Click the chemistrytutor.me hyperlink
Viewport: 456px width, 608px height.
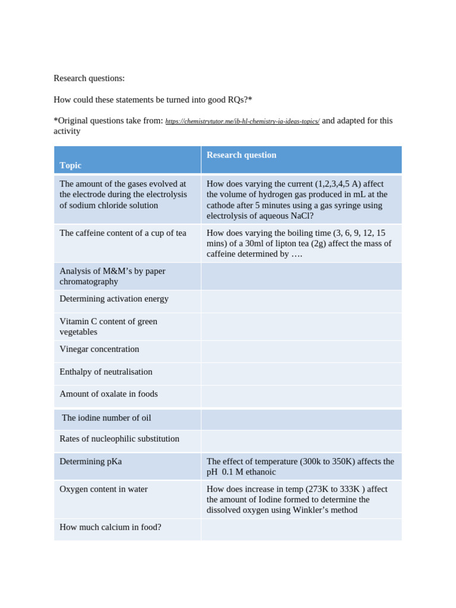(242, 121)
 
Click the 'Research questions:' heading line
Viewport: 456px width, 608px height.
(89, 78)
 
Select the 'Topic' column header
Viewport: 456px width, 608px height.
(71, 165)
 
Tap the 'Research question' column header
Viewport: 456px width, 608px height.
(241, 155)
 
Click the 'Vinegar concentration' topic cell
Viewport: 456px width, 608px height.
(99, 349)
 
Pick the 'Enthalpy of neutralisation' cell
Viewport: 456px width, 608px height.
(106, 372)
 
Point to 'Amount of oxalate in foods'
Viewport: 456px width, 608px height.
(109, 394)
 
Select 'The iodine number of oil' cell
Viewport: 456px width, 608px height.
(106, 417)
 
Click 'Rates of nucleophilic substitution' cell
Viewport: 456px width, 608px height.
(119, 439)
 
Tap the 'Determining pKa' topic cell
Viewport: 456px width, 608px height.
(90, 461)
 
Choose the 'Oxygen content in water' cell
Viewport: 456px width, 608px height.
(103, 489)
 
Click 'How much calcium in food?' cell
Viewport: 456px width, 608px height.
(110, 527)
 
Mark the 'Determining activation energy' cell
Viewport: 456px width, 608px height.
(114, 299)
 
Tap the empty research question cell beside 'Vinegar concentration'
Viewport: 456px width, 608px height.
(301, 351)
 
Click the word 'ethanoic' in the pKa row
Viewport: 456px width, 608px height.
(258, 472)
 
